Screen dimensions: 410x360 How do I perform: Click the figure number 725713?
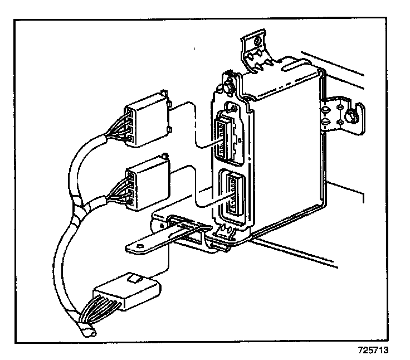(x=373, y=350)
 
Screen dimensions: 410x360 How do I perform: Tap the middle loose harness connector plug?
(x=148, y=182)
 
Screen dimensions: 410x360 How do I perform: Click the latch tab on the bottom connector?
(x=134, y=279)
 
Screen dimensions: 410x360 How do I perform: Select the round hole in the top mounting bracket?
(x=257, y=41)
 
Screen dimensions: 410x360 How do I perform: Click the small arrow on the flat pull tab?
(x=140, y=246)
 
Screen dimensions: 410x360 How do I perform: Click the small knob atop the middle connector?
(x=165, y=156)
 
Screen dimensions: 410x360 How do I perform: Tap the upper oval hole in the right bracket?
(x=324, y=110)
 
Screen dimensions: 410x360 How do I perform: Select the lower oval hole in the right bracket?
(x=325, y=121)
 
